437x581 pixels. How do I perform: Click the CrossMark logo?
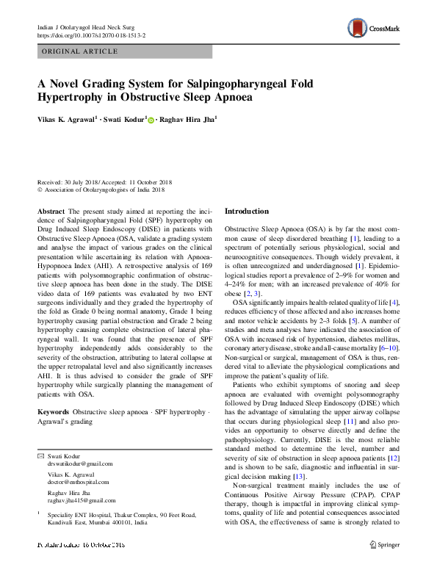(373, 29)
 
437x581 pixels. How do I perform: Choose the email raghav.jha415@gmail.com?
(82, 499)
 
